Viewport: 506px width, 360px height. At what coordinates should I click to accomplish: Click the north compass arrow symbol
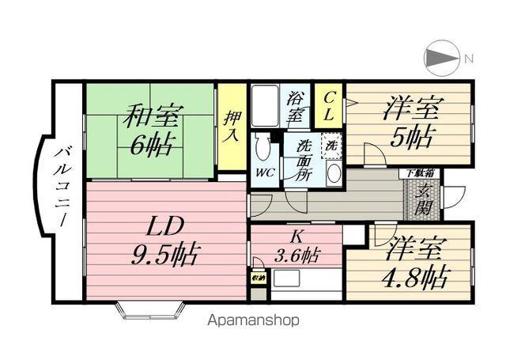pyautogui.click(x=440, y=58)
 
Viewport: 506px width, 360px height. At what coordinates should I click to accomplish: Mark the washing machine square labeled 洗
pyautogui.click(x=332, y=146)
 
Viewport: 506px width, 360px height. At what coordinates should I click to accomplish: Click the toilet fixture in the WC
pyautogui.click(x=264, y=148)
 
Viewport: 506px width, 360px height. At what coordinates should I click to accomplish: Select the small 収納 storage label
pyautogui.click(x=258, y=279)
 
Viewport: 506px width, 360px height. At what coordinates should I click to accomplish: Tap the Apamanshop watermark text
pyautogui.click(x=253, y=321)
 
